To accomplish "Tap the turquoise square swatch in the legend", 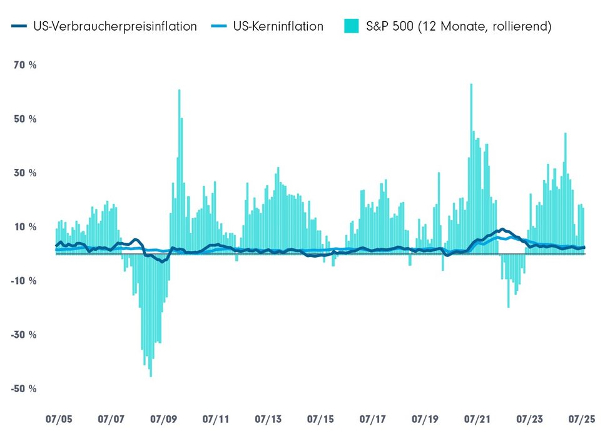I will point(350,26).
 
